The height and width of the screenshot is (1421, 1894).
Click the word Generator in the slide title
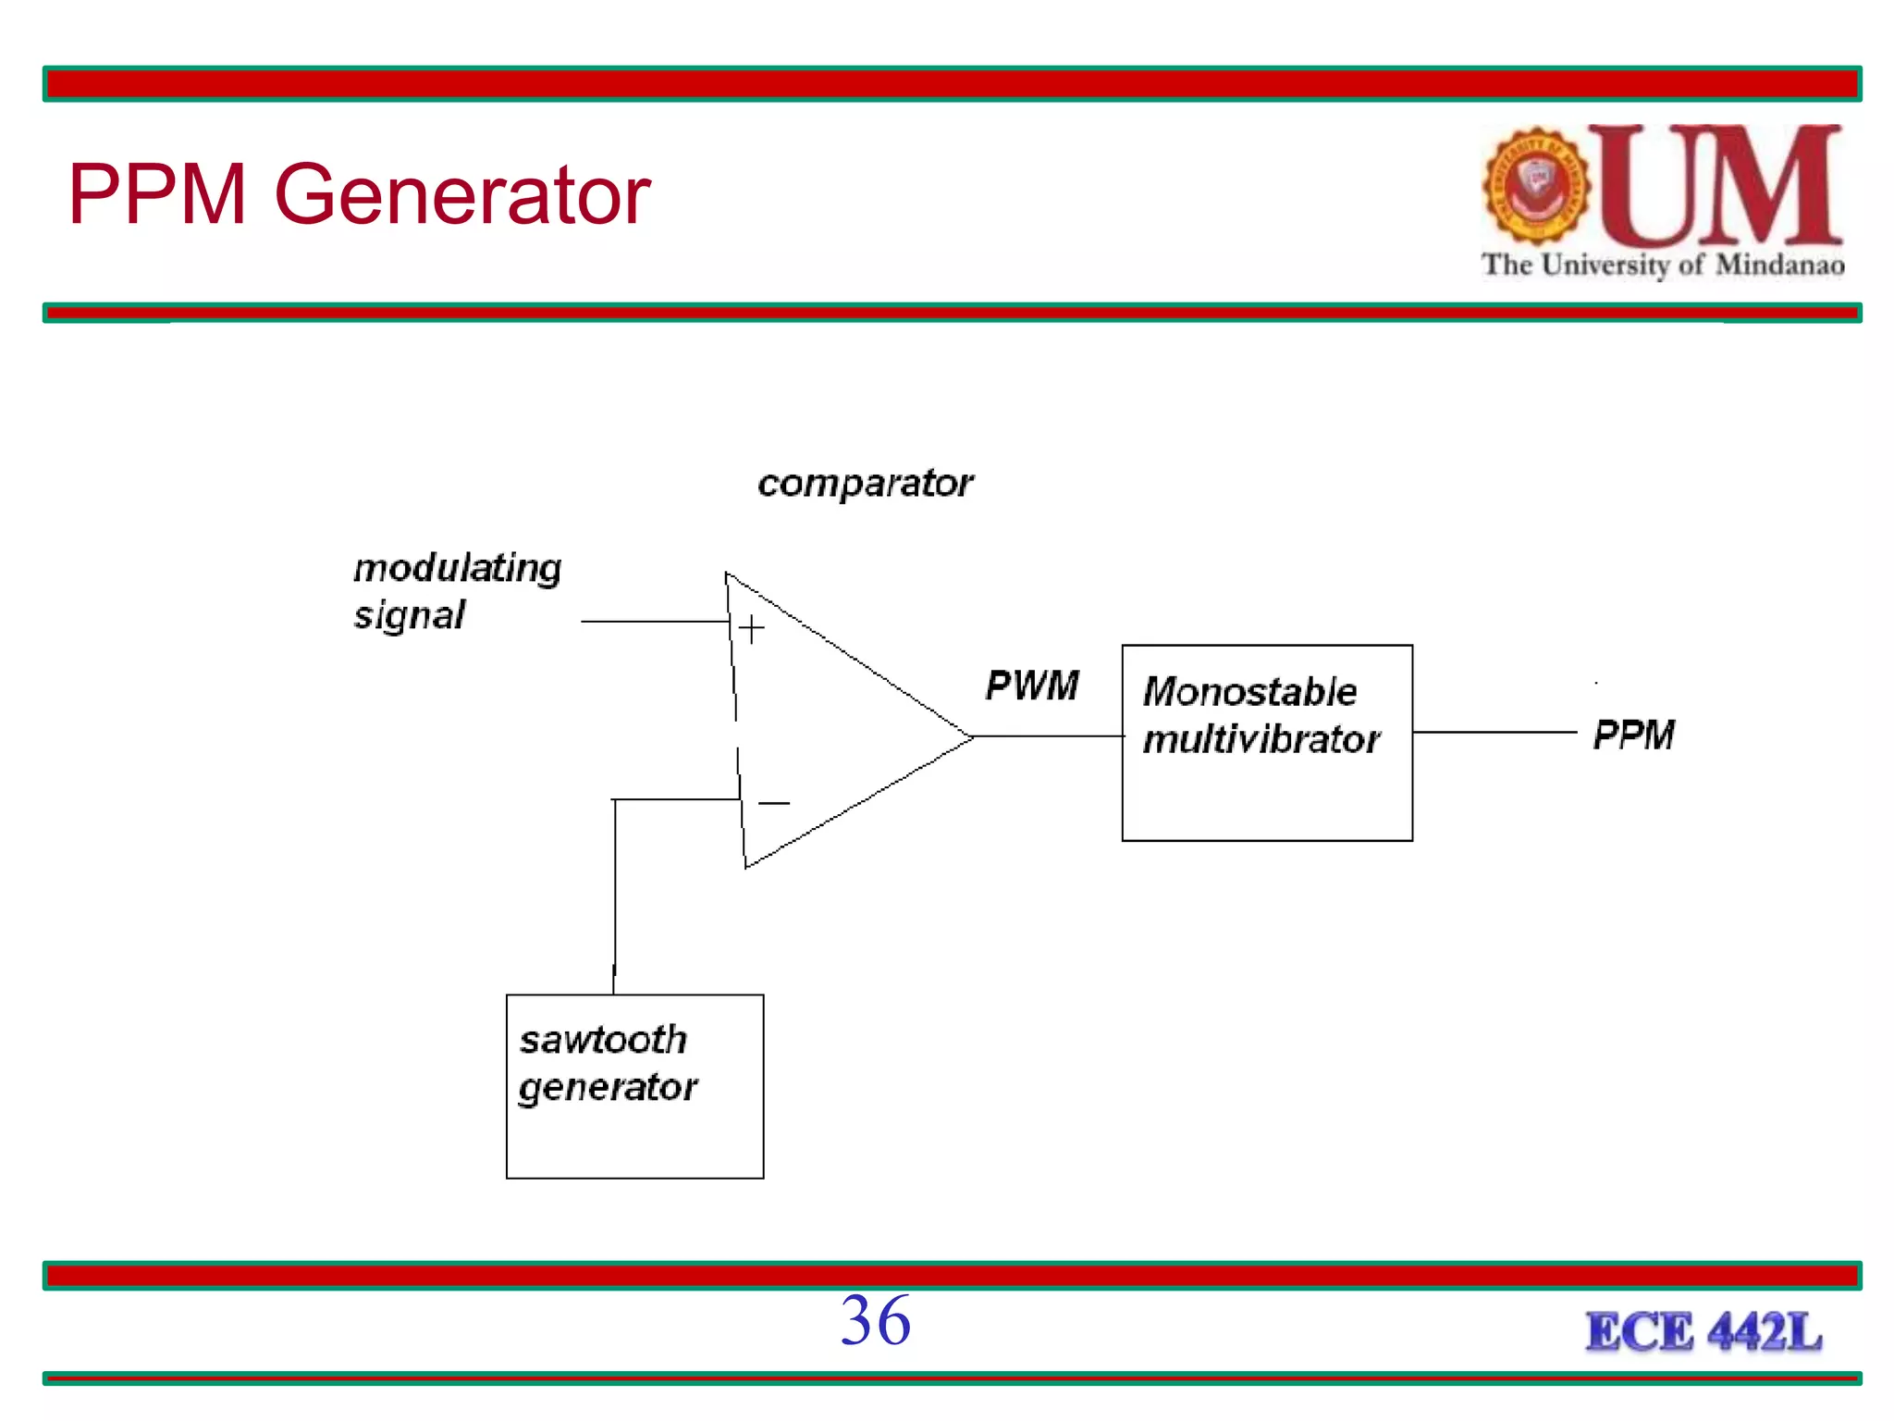[462, 196]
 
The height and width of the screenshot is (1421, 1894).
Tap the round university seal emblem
[1536, 185]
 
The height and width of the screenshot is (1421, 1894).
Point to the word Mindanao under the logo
[1779, 266]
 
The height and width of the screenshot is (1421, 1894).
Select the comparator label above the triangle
[865, 484]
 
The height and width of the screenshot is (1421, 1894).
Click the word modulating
[458, 568]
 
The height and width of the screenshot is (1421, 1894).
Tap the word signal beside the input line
[409, 615]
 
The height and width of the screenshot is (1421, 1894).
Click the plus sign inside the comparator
[751, 629]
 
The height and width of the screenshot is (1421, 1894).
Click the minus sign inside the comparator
[773, 803]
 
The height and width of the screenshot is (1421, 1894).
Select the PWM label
[1032, 686]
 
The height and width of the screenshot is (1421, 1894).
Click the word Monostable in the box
[1249, 692]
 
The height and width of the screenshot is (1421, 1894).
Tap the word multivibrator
[1261, 740]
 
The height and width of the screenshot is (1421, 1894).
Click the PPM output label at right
[1633, 735]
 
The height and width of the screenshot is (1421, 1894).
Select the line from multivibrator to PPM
[1494, 732]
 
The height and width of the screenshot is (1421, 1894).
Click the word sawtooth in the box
[603, 1040]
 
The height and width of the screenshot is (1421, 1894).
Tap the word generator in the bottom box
[608, 1088]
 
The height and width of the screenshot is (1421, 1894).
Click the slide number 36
[875, 1321]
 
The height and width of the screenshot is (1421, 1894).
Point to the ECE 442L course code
[1703, 1333]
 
